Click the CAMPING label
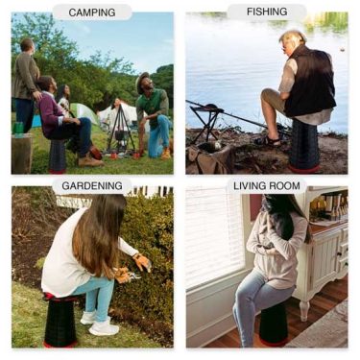point(92,12)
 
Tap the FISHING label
point(267,12)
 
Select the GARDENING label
point(92,185)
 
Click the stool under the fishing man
point(304,146)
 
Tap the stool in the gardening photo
point(60,321)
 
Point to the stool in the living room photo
point(273,324)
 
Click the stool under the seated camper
point(58,156)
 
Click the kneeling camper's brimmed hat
point(142,80)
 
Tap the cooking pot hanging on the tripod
point(119,135)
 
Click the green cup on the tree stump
point(18,128)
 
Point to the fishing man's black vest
point(309,81)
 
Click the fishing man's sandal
point(270,140)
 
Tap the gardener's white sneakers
point(98,324)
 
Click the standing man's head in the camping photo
point(27,45)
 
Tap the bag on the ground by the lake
point(209,158)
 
